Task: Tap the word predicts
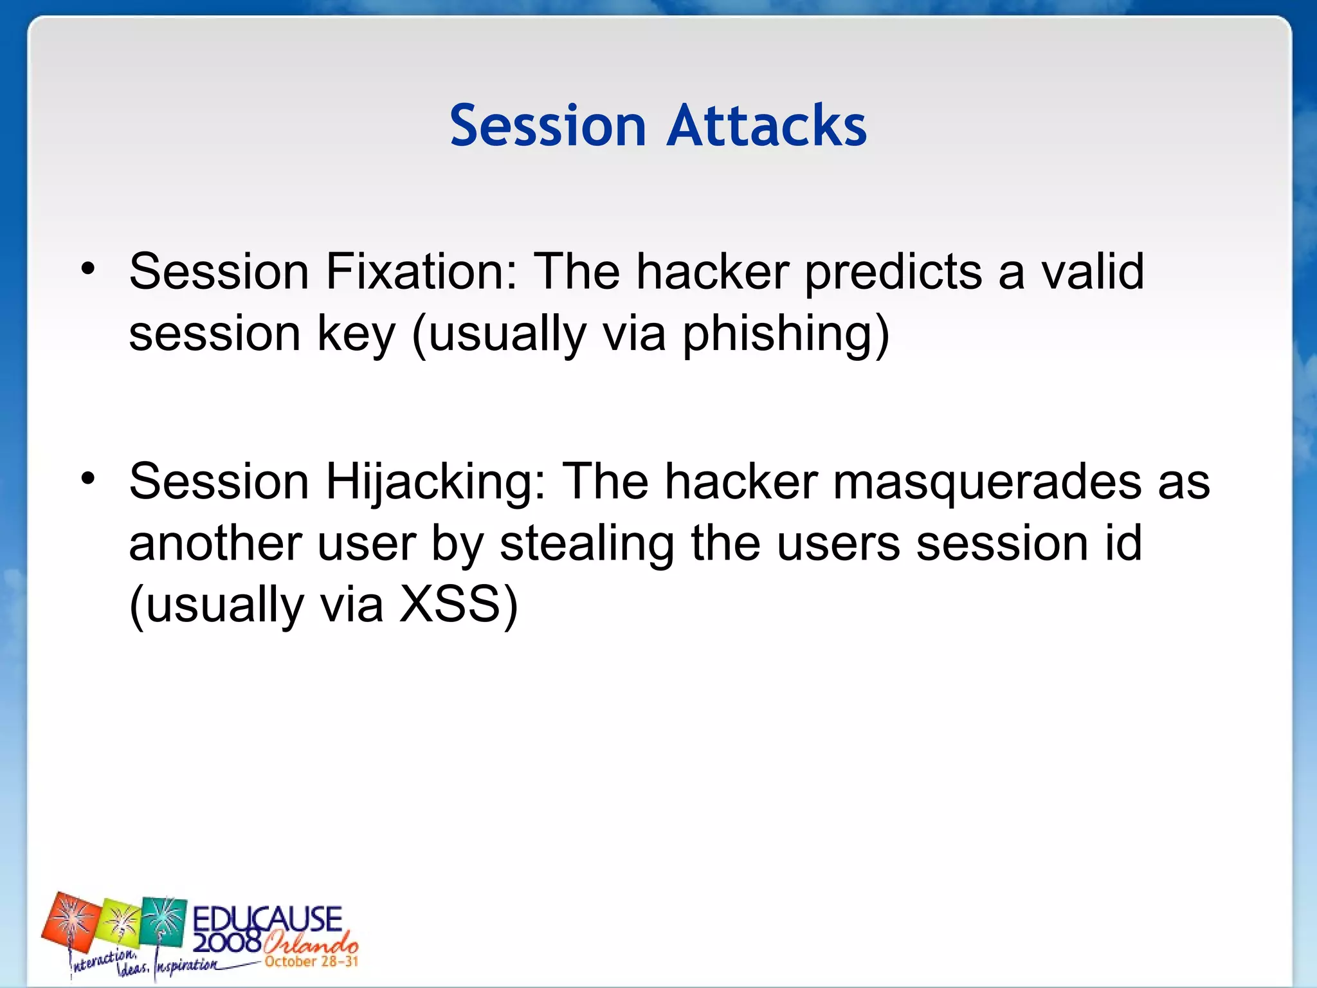tap(893, 272)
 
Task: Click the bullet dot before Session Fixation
tap(88, 269)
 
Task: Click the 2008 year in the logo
tap(226, 943)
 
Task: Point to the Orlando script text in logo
tap(310, 943)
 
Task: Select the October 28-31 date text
tap(311, 962)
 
